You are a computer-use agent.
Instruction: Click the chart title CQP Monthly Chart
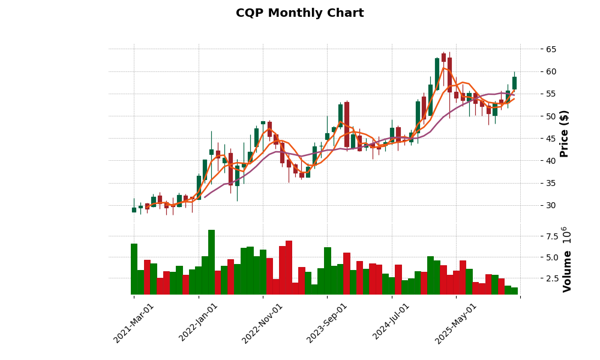(299, 13)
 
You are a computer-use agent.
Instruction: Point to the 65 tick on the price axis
(547, 49)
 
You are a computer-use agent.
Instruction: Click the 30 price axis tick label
(547, 205)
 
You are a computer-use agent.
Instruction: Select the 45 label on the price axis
(547, 138)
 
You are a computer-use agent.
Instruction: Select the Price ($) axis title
(564, 133)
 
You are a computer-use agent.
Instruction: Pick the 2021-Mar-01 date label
(134, 323)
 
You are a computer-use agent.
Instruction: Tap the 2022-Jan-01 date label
(199, 323)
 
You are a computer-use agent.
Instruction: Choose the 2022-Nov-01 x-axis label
(262, 323)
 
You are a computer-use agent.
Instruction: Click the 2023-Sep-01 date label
(327, 323)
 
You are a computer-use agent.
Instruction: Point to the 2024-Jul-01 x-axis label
(391, 323)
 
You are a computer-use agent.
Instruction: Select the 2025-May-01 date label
(456, 323)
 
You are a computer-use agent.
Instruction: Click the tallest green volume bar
(211, 262)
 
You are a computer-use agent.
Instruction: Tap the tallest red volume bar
(289, 268)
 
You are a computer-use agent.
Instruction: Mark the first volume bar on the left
(134, 269)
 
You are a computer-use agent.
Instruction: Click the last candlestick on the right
(514, 83)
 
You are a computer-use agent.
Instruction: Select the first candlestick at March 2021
(134, 209)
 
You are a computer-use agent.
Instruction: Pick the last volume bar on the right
(514, 291)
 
